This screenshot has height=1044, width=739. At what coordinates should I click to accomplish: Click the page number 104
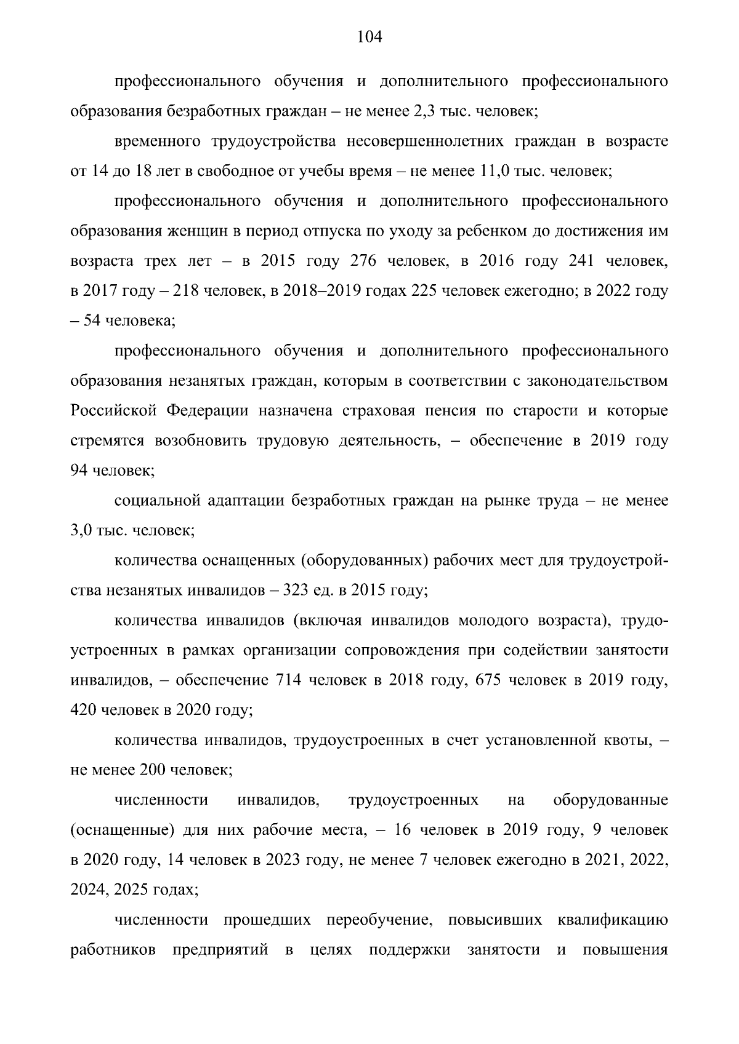click(x=369, y=38)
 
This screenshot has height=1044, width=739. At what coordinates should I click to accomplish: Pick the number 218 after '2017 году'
click(x=185, y=291)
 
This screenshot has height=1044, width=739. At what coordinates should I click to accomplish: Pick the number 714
click(x=289, y=681)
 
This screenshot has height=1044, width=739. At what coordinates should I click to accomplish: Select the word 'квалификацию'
click(x=613, y=921)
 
